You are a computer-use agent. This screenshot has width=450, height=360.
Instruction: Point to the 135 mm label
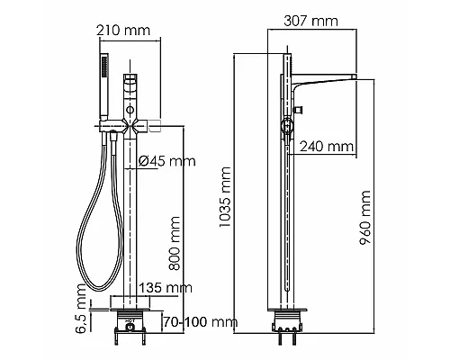[166, 287]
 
